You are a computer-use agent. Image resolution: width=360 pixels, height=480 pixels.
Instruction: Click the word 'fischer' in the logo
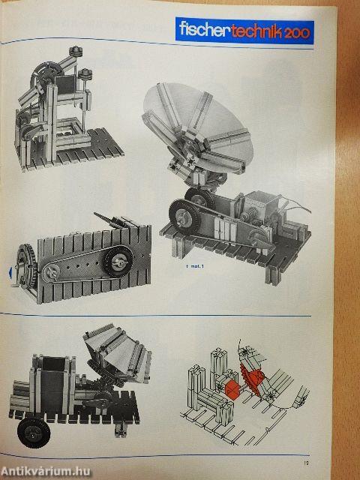coord(202,30)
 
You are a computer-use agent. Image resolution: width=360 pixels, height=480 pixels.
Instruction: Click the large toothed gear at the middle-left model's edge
coord(25,267)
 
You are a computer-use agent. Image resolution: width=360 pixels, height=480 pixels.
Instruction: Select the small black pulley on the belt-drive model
coord(118,262)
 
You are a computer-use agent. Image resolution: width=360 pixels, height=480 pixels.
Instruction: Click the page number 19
coord(339,450)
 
